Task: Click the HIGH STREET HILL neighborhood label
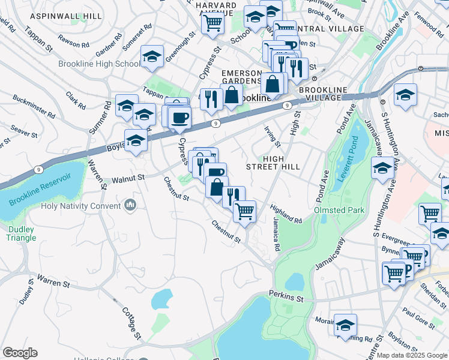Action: click(x=273, y=162)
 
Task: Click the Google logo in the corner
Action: click(x=20, y=353)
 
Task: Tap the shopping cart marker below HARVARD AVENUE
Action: click(x=212, y=24)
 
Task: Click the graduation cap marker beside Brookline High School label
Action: click(x=152, y=57)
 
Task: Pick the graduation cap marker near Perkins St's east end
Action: click(x=345, y=325)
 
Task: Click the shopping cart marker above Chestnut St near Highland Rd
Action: click(x=244, y=211)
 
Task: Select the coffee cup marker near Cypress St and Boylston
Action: click(x=179, y=118)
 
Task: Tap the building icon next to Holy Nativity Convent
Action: click(x=131, y=206)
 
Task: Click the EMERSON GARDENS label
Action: click(x=241, y=77)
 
